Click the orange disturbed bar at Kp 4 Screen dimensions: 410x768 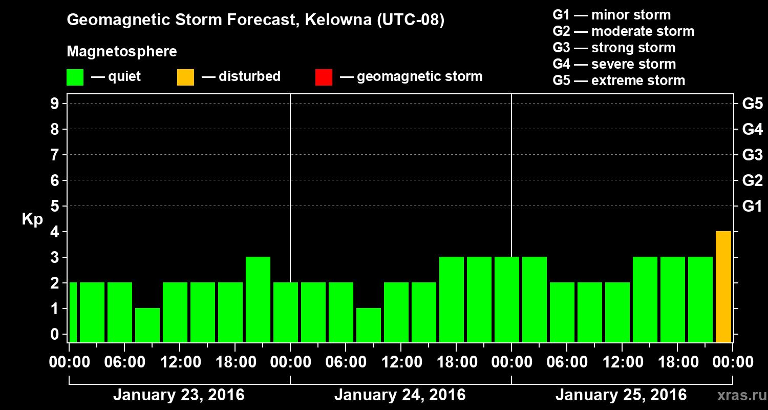pyautogui.click(x=723, y=286)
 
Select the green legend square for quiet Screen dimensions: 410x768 pyautogui.click(x=75, y=77)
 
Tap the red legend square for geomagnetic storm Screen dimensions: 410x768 pyautogui.click(x=324, y=77)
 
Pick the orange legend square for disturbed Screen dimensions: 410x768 pyautogui.click(x=185, y=77)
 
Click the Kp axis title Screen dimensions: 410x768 pyautogui.click(x=32, y=219)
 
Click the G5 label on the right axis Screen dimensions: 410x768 pyautogui.click(x=752, y=104)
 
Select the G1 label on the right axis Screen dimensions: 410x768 pyautogui.click(x=752, y=207)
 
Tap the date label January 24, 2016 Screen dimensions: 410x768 pyautogui.click(x=400, y=395)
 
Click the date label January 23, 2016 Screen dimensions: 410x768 pyautogui.click(x=179, y=395)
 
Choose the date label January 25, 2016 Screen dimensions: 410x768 pyautogui.click(x=621, y=395)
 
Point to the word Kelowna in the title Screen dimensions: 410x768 pyautogui.click(x=336, y=20)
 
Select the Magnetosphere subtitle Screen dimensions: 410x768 pyautogui.click(x=122, y=52)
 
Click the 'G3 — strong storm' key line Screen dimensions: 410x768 pyautogui.click(x=614, y=48)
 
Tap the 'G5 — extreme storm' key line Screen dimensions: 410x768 pyautogui.click(x=618, y=80)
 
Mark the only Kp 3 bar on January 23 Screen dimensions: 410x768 pyautogui.click(x=258, y=299)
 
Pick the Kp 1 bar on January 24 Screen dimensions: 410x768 pyautogui.click(x=369, y=325)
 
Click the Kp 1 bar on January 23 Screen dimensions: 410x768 pyautogui.click(x=147, y=325)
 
